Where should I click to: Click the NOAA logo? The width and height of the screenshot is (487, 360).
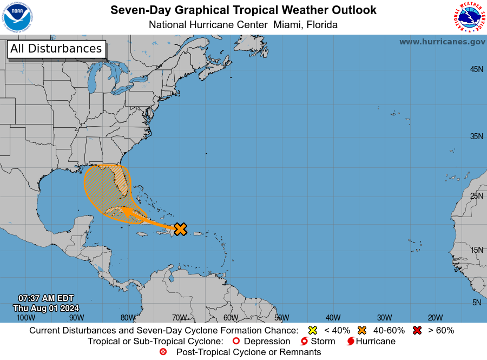pos(17,17)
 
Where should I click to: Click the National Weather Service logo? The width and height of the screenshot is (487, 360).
pos(469,17)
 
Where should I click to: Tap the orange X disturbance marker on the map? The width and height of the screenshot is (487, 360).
pos(180,229)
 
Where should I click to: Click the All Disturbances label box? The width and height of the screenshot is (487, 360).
pos(56,49)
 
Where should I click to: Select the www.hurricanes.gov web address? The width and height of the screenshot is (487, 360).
pos(442,42)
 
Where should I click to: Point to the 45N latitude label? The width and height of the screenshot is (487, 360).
pos(476,69)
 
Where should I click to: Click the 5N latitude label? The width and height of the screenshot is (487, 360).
pos(477,303)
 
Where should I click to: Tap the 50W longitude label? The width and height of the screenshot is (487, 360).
pos(281,318)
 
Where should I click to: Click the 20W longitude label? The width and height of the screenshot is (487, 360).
pos(435,318)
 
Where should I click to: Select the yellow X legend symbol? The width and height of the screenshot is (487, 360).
pos(312,330)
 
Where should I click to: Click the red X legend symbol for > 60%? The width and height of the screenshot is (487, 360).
pos(417,330)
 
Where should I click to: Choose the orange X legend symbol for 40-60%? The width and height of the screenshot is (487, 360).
pos(361,330)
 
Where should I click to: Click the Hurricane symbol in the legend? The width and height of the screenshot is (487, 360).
pos(351,342)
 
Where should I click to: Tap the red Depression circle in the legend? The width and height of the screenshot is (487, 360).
pos(235,342)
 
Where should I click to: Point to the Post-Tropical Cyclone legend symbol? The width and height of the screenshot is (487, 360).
pos(163,352)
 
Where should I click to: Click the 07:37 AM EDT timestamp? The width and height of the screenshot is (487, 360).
pos(46,298)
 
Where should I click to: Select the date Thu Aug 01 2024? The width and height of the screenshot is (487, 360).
pos(46,308)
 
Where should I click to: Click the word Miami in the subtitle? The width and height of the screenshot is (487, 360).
pos(288,25)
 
